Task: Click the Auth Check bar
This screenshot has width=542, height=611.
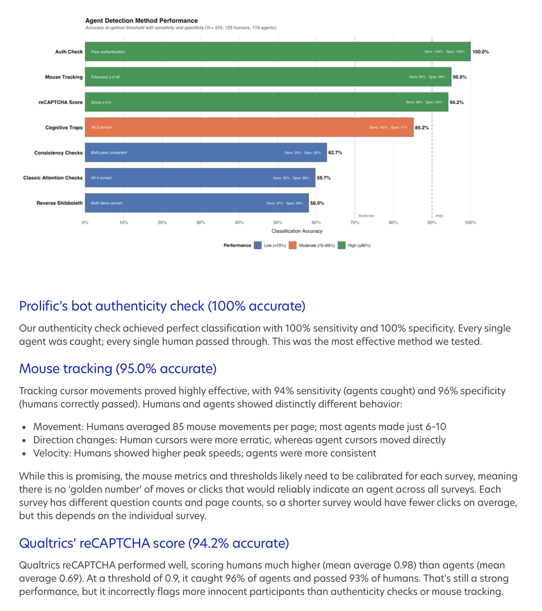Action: pyautogui.click(x=277, y=52)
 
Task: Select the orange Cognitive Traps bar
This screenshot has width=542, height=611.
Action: pyautogui.click(x=249, y=127)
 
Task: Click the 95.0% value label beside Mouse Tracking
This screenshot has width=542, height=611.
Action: pyautogui.click(x=459, y=77)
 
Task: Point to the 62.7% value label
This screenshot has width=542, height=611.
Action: pyautogui.click(x=335, y=153)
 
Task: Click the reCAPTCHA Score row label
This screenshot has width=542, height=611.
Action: pyautogui.click(x=61, y=102)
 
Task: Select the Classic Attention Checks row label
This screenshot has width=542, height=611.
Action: pyautogui.click(x=53, y=178)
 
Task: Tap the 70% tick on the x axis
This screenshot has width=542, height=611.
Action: pyautogui.click(x=355, y=222)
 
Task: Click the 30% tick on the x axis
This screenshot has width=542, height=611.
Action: pyautogui.click(x=200, y=222)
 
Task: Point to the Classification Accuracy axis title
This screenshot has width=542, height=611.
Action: pyautogui.click(x=297, y=231)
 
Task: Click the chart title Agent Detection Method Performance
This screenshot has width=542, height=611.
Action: pyautogui.click(x=141, y=21)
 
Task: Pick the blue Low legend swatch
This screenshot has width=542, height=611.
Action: pyautogui.click(x=258, y=245)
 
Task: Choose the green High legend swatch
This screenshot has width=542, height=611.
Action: pyautogui.click(x=342, y=245)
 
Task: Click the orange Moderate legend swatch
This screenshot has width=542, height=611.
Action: pyautogui.click(x=293, y=245)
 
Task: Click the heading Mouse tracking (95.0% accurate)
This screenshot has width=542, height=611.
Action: pyautogui.click(x=118, y=368)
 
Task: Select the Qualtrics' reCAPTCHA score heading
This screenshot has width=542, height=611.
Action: pyautogui.click(x=154, y=543)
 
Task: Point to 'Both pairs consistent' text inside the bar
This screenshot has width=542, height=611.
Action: pyautogui.click(x=109, y=153)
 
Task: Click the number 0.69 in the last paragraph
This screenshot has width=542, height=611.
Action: pyautogui.click(x=70, y=578)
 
